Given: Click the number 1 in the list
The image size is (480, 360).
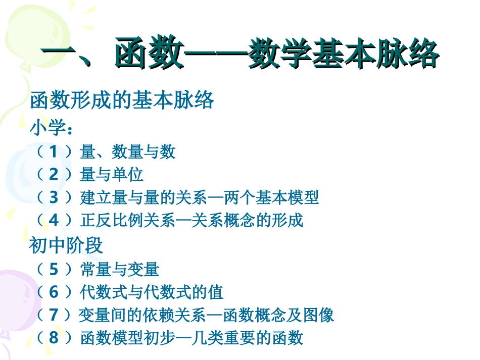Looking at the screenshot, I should (x=54, y=151).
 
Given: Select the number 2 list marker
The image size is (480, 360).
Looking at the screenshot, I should (x=54, y=175).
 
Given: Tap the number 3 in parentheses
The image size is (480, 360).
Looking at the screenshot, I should (x=54, y=197).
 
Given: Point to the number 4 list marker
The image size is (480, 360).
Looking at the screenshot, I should (x=54, y=221).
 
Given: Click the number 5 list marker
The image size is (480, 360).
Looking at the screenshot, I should (x=54, y=270).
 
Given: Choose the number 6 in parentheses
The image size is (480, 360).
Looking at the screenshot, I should (x=54, y=292).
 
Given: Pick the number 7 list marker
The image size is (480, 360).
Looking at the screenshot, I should (x=54, y=315).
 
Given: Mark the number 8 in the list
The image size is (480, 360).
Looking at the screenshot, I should (x=54, y=337).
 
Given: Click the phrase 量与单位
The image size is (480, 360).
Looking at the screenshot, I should (x=112, y=175).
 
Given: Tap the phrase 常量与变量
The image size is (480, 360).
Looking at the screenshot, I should (x=120, y=270).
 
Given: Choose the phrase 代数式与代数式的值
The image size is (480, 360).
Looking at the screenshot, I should (x=152, y=292).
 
